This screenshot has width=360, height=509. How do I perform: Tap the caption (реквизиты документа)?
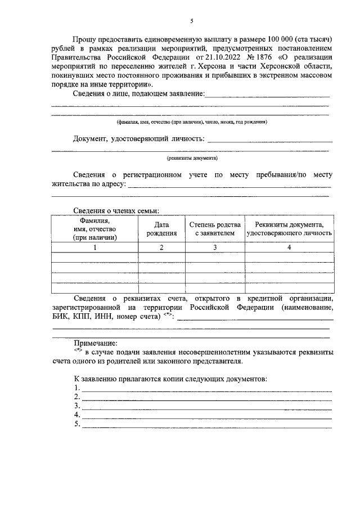tap(191, 159)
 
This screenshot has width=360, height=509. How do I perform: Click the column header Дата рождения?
tap(162, 229)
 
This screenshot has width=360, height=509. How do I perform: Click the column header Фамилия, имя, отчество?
tap(94, 229)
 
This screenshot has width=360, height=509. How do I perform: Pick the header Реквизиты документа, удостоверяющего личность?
tap(289, 229)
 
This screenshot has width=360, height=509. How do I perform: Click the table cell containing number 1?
tap(94, 247)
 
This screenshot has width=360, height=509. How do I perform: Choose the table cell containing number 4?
tap(289, 247)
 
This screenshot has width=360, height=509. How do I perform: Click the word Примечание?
tap(95, 343)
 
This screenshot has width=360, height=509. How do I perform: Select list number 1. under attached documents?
tap(77, 388)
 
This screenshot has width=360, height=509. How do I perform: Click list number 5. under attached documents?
tap(77, 424)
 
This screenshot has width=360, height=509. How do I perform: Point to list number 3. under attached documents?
tap(77, 406)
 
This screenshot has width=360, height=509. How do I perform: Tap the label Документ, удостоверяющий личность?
tap(139, 139)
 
